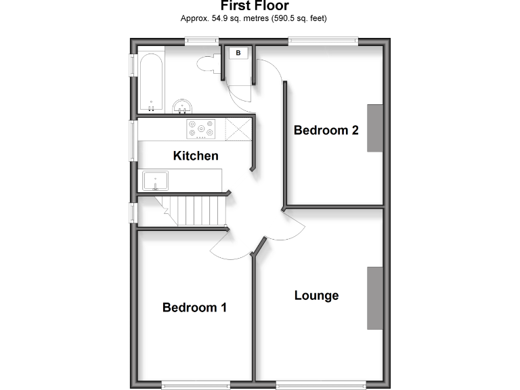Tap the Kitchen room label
(x=196, y=156)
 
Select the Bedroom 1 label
(x=194, y=307)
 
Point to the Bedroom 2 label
(x=326, y=130)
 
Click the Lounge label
(x=316, y=295)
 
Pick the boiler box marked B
(x=238, y=52)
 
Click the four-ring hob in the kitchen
(x=200, y=128)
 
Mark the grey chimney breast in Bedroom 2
(x=375, y=128)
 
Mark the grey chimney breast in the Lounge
(x=375, y=298)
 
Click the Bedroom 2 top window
(x=323, y=41)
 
